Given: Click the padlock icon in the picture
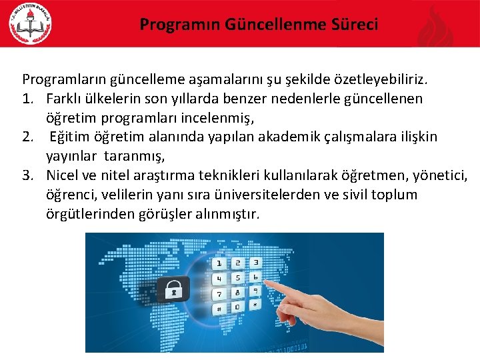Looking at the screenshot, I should (173, 289).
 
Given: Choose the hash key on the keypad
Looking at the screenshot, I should (218, 309).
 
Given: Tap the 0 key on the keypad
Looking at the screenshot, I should (236, 307).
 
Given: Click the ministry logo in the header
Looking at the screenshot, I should (31, 25).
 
